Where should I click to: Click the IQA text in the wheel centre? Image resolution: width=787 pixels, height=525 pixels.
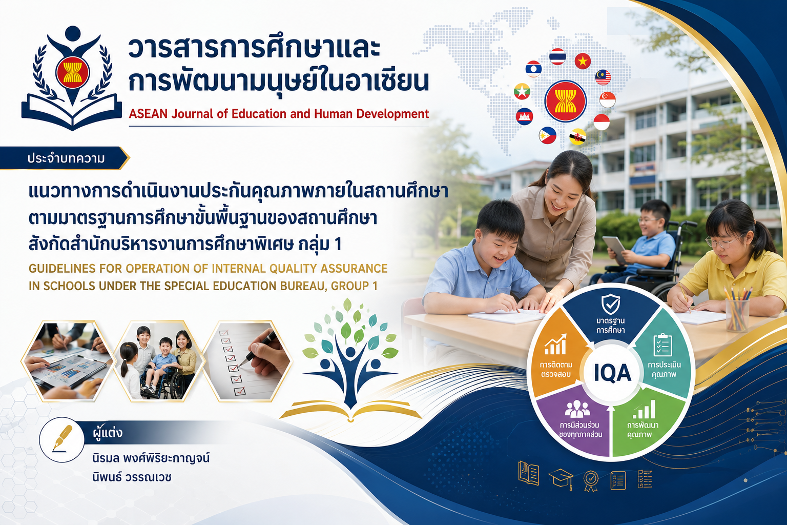point(612,373)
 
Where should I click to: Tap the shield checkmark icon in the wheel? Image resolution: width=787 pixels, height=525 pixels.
point(611,304)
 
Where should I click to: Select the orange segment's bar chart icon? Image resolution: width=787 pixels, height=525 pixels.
point(555,344)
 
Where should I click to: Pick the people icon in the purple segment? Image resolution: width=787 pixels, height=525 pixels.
point(577,409)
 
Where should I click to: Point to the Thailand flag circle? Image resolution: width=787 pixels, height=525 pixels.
point(557,57)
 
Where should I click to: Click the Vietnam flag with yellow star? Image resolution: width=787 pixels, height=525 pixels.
point(583,61)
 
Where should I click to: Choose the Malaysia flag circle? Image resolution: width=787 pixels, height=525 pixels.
point(603,77)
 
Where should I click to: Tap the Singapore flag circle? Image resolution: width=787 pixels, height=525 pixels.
point(608,100)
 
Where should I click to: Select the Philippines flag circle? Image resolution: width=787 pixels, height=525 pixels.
point(547,135)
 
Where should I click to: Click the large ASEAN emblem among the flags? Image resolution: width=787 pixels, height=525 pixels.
point(565,101)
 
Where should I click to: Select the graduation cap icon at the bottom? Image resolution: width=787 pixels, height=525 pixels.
point(561,478)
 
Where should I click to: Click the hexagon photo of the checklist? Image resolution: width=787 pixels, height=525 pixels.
point(247,361)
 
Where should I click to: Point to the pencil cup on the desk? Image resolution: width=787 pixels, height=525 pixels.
point(737,314)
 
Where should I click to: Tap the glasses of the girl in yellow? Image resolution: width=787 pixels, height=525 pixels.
point(724,242)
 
